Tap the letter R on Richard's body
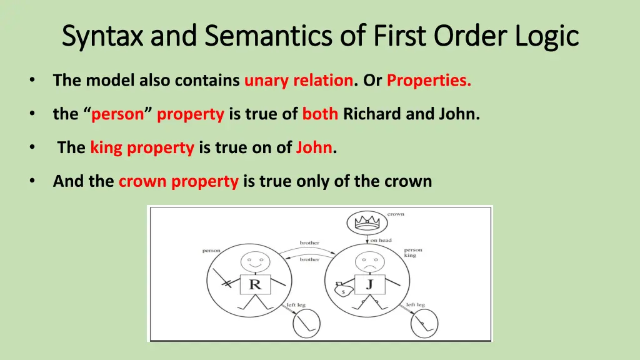tap(255, 284)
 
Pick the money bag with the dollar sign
tap(341, 289)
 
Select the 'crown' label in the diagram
tap(396, 214)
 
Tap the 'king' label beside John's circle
tap(410, 256)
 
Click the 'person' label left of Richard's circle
tap(211, 251)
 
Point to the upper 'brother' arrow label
tap(309, 242)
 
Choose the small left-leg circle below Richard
tap(306, 324)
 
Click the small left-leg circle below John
tap(424, 324)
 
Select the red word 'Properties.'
tap(429, 81)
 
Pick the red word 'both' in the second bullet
tap(321, 114)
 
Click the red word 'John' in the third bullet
tap(314, 148)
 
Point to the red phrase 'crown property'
tap(179, 181)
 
